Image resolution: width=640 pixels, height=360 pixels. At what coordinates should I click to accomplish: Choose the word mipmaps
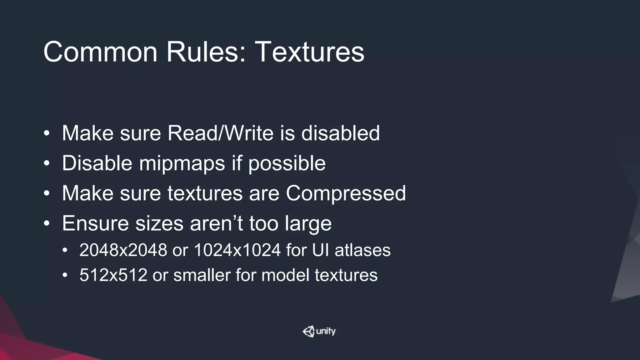[182, 163]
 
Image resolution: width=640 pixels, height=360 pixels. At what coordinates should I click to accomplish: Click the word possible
[287, 163]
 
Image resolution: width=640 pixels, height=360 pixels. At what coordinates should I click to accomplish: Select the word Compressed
[346, 193]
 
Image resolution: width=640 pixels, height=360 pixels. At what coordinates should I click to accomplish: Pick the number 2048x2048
[123, 250]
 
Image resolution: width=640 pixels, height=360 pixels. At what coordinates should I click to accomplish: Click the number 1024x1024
[237, 250]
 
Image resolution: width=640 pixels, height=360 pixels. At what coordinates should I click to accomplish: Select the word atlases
[362, 250]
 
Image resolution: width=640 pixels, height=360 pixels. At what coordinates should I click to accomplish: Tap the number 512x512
[113, 275]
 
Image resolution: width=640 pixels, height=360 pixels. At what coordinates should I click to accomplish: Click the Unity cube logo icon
[308, 331]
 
